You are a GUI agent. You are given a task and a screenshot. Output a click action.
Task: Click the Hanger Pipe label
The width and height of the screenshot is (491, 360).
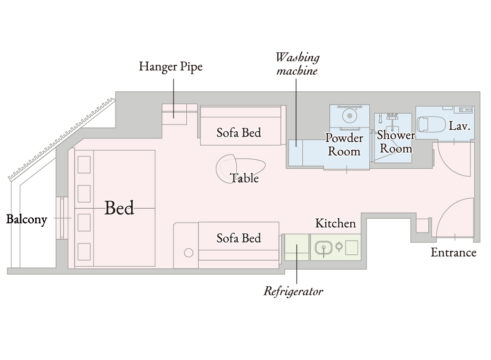tap(171, 66)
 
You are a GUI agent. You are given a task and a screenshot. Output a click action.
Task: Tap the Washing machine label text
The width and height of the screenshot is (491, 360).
tap(297, 64)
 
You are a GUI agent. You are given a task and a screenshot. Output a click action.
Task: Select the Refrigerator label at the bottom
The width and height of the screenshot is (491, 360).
tap(293, 291)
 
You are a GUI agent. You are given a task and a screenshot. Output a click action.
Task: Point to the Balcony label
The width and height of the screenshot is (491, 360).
tap(27, 219)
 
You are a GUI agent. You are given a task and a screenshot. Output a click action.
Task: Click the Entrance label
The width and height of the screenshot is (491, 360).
tap(453, 252)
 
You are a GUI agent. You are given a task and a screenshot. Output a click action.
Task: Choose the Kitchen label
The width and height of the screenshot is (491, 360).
tap(335, 223)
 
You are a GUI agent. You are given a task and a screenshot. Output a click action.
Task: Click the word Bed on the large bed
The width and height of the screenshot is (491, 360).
tap(119, 208)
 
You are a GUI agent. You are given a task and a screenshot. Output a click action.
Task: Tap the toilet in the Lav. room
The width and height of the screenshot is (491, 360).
tap(431, 125)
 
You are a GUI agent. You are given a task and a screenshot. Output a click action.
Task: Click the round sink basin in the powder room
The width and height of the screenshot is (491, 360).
tap(349, 116)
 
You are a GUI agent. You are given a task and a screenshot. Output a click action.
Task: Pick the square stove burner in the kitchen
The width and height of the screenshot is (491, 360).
tap(352, 248)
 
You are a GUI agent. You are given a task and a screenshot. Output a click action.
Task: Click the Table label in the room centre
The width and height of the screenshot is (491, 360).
tap(245, 178)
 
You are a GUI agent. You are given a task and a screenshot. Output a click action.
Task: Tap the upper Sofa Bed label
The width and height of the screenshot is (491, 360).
tap(239, 133)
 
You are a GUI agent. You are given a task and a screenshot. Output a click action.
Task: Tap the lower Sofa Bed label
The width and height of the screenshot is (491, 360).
tap(239, 238)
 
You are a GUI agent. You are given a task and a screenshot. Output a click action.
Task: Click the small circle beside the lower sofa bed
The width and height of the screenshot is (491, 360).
tap(189, 253)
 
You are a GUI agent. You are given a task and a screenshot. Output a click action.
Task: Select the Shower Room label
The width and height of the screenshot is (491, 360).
tap(396, 142)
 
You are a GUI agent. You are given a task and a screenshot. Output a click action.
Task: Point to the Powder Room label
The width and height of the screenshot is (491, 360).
tap(344, 145)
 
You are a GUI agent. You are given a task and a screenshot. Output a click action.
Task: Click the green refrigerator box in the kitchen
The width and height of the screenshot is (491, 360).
tap(297, 247)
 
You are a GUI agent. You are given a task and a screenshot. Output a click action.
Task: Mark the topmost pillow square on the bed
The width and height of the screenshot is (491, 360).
tap(84, 165)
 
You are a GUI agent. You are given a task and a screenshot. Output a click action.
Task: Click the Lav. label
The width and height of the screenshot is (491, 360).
tap(460, 126)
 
